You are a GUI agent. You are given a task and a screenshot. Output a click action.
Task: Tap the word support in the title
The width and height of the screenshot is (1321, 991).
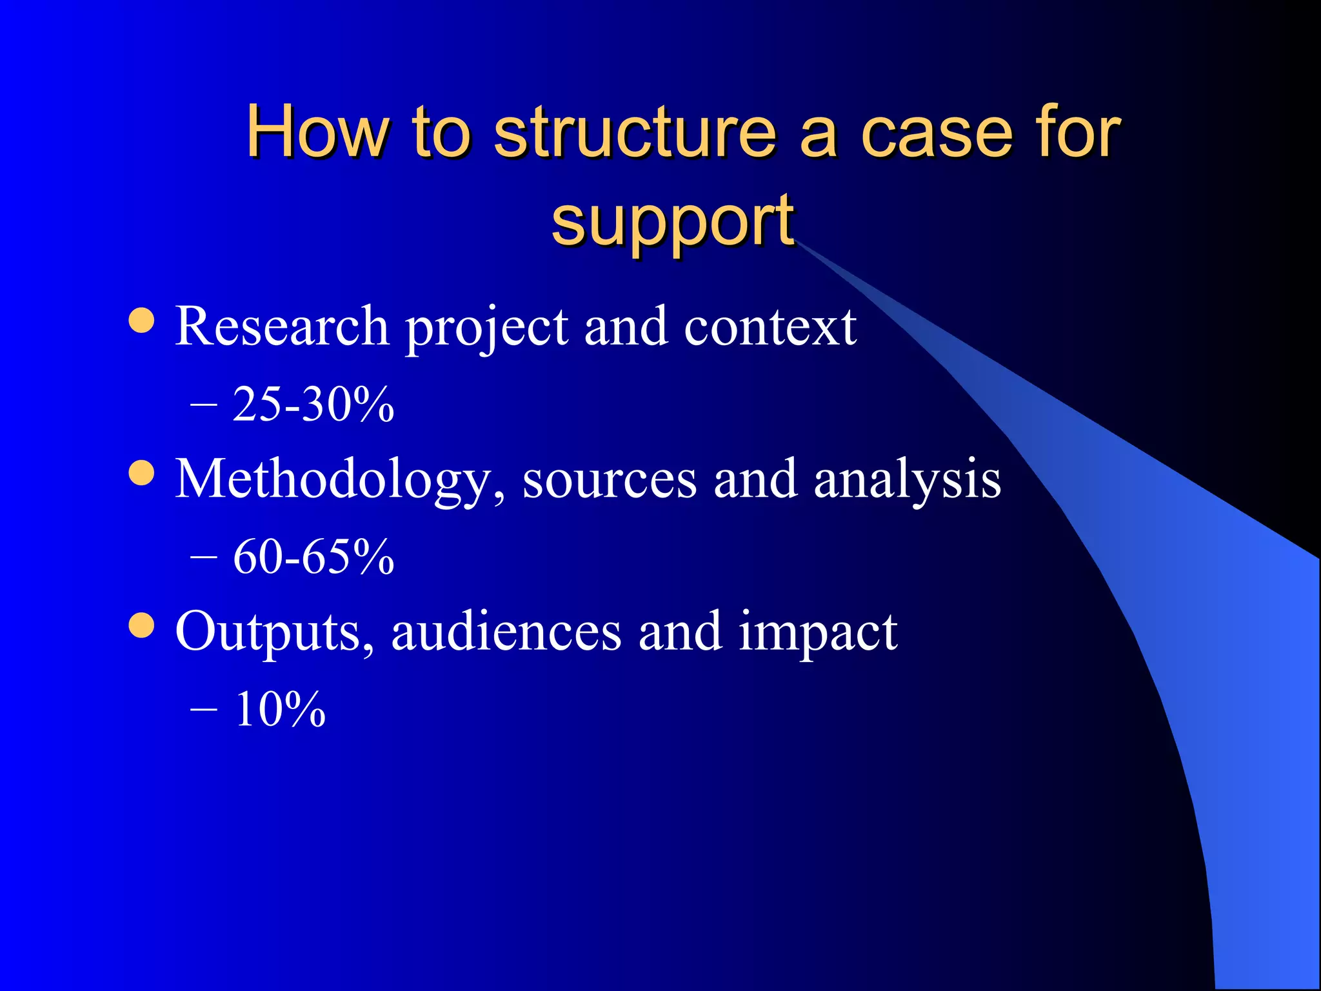pos(672,221)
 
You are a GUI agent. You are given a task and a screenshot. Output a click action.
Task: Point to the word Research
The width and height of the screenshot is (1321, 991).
pos(282,326)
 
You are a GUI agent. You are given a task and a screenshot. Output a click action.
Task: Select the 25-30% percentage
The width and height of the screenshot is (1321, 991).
pos(313,405)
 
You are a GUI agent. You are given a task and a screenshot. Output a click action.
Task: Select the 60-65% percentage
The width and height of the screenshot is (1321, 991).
pos(313,557)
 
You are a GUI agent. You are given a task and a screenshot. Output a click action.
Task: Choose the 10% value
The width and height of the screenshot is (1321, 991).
pos(280,709)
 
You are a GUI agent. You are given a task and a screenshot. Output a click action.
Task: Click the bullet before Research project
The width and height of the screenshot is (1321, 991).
pos(141,321)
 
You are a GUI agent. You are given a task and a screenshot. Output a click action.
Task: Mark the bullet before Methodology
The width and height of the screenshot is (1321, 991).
pos(141,473)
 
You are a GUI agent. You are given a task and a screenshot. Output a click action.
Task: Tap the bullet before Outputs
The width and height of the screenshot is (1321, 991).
pos(141,625)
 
